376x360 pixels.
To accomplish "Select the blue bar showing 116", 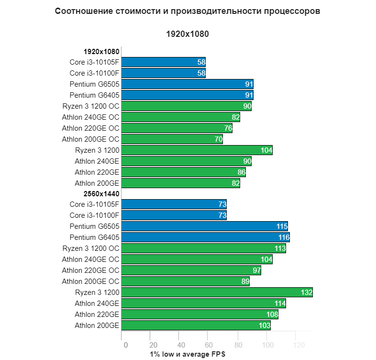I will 205,237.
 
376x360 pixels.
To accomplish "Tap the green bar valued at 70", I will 172,139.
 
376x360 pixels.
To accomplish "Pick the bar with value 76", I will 177,128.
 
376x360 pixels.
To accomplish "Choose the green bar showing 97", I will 191,270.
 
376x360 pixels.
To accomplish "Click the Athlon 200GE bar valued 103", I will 196,326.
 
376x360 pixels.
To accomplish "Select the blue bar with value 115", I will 204,226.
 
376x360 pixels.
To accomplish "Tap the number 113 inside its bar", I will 279,248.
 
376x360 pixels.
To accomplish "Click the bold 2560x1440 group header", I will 101,194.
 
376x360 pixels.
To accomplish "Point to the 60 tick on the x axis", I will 208,345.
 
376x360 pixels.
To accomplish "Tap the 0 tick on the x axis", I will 125,345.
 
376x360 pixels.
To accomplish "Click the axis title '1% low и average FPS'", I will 187,354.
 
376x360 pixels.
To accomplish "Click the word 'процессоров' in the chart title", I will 292,11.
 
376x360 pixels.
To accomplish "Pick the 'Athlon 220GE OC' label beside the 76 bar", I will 90,128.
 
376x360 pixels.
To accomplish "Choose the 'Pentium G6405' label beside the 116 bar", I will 94,237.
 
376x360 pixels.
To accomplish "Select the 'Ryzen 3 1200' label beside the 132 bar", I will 97,292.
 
